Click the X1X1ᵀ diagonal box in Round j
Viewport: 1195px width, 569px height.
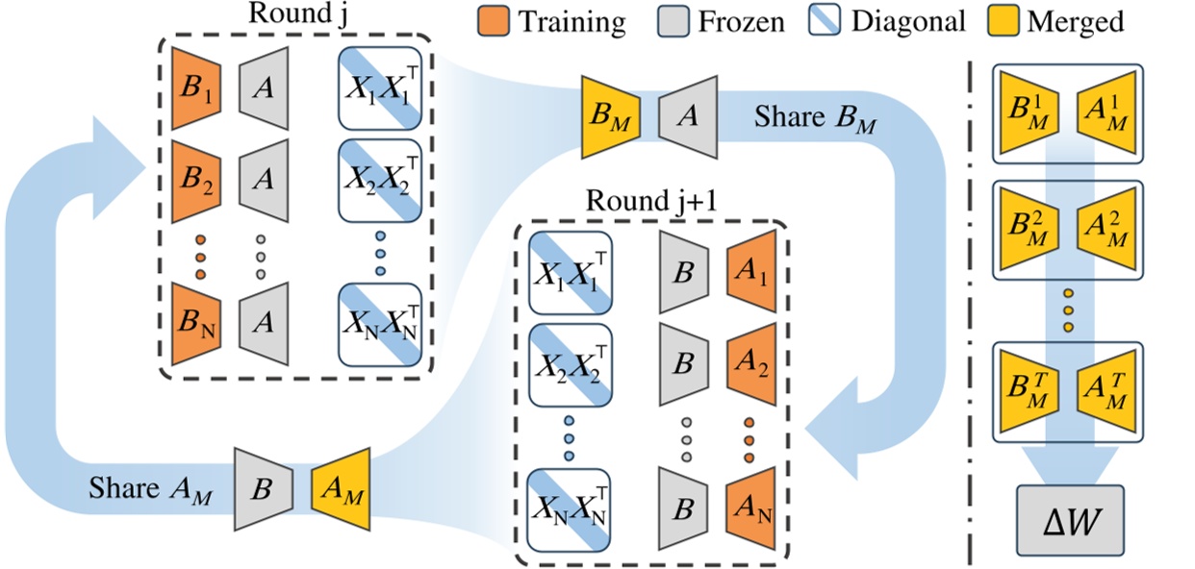[379, 92]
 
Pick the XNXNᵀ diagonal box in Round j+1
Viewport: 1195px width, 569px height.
[570, 505]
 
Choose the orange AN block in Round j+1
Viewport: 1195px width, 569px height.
[750, 505]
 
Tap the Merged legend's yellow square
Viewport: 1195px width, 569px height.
[1004, 20]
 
